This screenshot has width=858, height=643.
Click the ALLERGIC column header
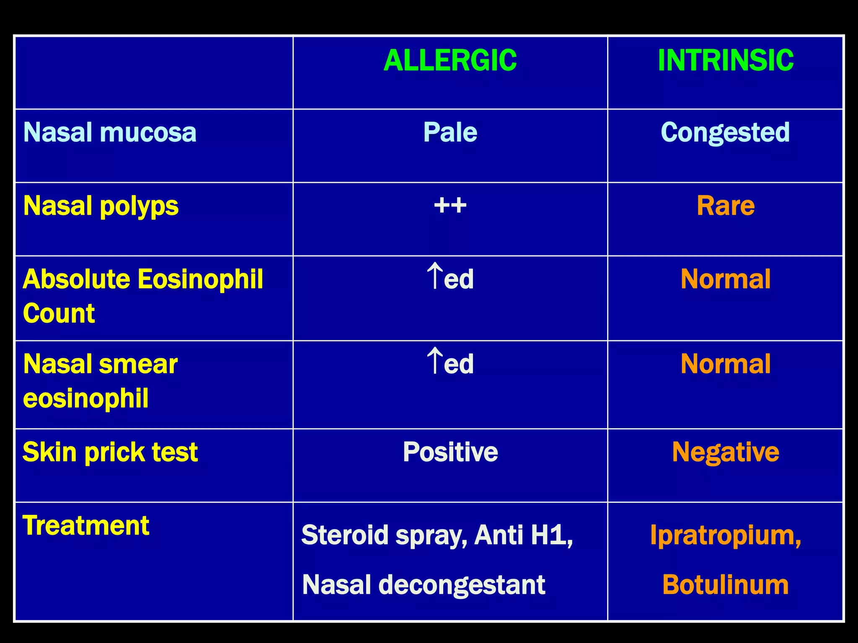(x=450, y=61)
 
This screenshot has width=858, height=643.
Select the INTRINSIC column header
(x=726, y=61)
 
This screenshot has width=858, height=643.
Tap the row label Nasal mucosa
(x=110, y=132)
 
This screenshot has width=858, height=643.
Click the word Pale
(x=450, y=132)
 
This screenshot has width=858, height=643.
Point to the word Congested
(x=725, y=133)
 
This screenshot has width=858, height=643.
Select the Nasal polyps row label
(x=101, y=206)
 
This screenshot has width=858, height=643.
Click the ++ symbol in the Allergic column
(x=450, y=206)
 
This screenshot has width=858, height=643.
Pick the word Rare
(x=726, y=206)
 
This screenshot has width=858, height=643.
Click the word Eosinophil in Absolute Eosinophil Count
(x=200, y=279)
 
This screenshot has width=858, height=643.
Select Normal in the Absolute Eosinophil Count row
(x=726, y=279)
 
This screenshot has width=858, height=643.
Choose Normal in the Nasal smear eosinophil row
(x=726, y=364)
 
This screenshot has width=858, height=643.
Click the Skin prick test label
(x=110, y=453)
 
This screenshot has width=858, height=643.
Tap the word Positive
(x=450, y=452)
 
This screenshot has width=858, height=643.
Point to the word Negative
(x=726, y=453)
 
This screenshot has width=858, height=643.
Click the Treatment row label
(x=86, y=525)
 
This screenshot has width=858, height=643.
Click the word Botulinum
(x=726, y=585)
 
